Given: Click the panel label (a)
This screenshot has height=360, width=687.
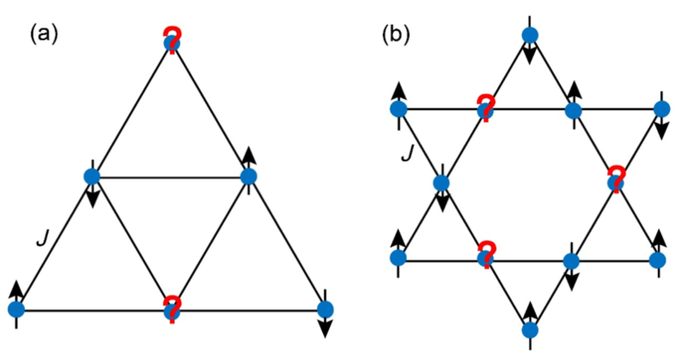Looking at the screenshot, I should pos(44,34).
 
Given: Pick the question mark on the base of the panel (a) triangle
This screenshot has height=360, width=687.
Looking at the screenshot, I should pos(172,307).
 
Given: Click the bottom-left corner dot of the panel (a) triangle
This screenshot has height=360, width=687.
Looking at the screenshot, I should pos(16,308).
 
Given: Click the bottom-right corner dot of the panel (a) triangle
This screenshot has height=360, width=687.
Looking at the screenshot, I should pos(325,308).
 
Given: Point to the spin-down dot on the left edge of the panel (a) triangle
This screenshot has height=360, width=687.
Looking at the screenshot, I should pos(93,177).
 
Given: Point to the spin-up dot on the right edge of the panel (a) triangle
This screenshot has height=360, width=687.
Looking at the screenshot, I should pos(248,177).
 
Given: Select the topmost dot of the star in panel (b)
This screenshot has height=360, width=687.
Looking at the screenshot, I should pos(530,35).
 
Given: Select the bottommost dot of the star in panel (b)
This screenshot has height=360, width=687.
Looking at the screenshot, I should pos(530,329).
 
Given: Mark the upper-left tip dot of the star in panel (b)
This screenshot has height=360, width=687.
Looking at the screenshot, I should pos(398,109).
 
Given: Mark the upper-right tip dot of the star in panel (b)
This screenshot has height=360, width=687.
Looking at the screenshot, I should pos(660,109).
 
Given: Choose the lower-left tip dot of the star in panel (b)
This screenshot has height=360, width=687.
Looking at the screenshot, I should pos(398,258).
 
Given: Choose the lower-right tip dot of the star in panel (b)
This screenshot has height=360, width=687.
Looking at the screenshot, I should pos(660,258).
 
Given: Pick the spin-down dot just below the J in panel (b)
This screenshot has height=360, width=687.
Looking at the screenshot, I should pos(442,183).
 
